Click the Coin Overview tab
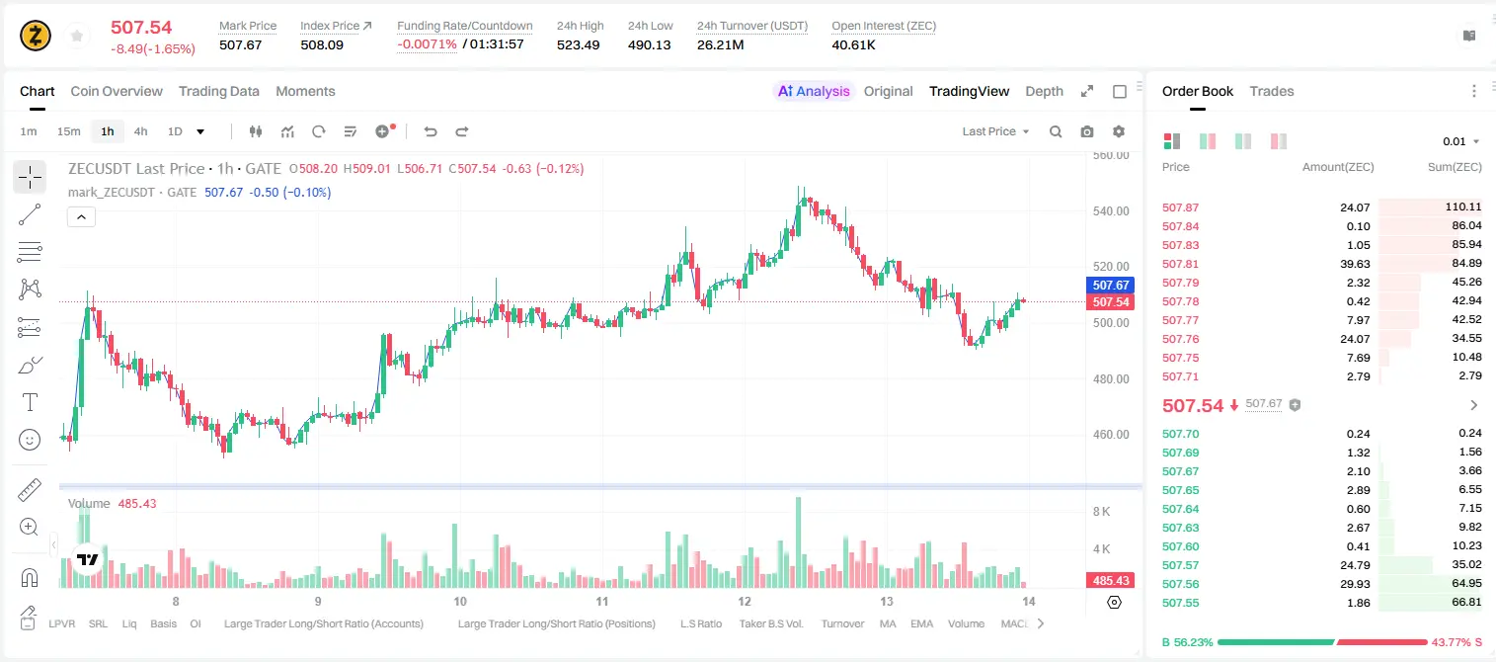117,91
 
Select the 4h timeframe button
140,131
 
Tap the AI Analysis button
814,91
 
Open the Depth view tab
1044,91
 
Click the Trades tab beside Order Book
1272,91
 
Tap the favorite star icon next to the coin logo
77,36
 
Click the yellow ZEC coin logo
36,36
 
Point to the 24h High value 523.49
579,44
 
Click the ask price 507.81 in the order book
1180,264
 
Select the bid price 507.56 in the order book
1180,584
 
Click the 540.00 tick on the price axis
1111,211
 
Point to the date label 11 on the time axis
601,601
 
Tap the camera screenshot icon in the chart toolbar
1087,131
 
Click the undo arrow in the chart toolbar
431,131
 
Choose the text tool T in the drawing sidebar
30,402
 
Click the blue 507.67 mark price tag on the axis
1110,286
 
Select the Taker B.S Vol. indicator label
770,623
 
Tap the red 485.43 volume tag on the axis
1110,581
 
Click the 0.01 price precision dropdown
1461,141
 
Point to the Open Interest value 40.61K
853,44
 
